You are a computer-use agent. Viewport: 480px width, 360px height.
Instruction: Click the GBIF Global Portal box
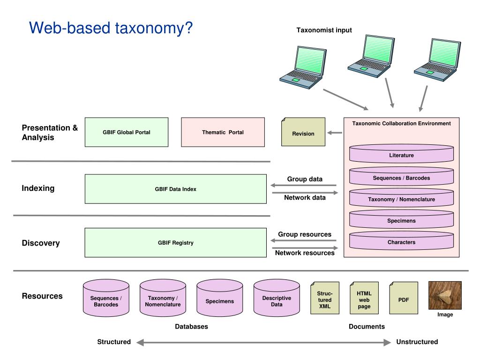click(x=127, y=132)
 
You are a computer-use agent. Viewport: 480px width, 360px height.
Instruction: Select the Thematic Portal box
click(x=223, y=132)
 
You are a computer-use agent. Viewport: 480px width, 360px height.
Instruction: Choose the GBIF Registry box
click(x=175, y=242)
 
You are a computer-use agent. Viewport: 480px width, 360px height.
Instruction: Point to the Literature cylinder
click(x=401, y=155)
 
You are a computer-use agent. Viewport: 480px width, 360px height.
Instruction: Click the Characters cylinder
click(x=401, y=242)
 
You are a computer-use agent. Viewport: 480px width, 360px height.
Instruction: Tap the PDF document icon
click(x=404, y=299)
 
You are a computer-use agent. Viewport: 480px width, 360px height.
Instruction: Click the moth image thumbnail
click(x=445, y=295)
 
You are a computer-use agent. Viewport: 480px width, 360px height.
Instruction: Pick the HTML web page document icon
click(x=364, y=299)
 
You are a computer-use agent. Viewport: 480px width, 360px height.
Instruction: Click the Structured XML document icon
click(x=324, y=299)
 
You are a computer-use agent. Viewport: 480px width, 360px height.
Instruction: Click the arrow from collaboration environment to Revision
click(x=335, y=133)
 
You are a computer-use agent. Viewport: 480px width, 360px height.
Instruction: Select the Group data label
click(x=305, y=179)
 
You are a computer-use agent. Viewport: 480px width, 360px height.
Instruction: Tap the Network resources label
click(x=305, y=253)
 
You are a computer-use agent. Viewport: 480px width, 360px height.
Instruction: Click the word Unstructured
click(x=417, y=342)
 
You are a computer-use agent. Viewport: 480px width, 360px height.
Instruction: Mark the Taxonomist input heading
click(x=324, y=30)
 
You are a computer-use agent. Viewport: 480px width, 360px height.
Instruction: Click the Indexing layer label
click(x=38, y=188)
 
